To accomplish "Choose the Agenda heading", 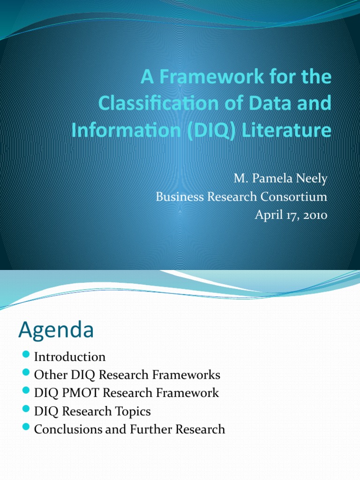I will pyautogui.click(x=56, y=330).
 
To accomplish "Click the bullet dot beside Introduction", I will pyautogui.click(x=26, y=356).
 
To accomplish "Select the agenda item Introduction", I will pyautogui.click(x=70, y=357).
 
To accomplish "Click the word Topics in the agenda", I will pyautogui.click(x=133, y=411).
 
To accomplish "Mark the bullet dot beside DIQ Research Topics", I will pyautogui.click(x=26, y=410).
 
